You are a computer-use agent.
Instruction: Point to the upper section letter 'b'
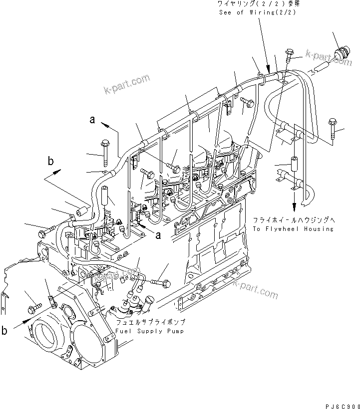pyautogui.click(x=50, y=161)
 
